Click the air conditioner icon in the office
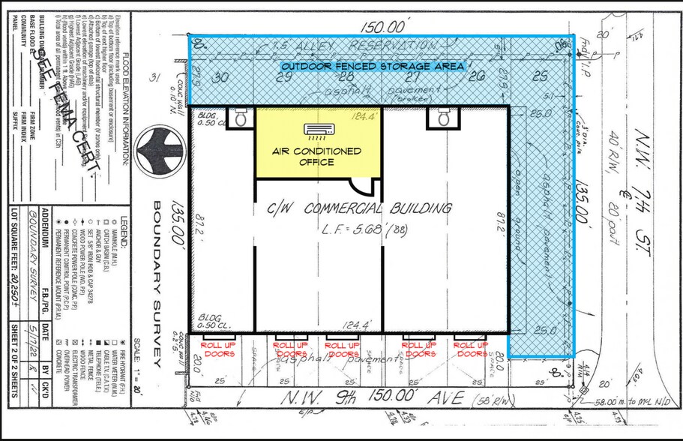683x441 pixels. coord(316,130)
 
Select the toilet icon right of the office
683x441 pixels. coord(443,117)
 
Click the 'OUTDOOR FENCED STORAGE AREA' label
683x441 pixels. coord(373,67)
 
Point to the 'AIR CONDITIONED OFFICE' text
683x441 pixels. coord(316,157)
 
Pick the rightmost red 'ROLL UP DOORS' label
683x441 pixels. coord(472,349)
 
